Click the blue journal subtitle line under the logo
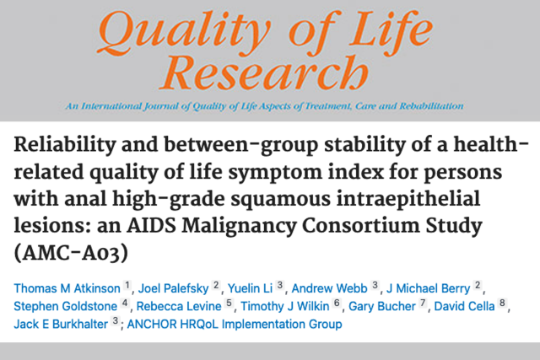pyautogui.click(x=269, y=107)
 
